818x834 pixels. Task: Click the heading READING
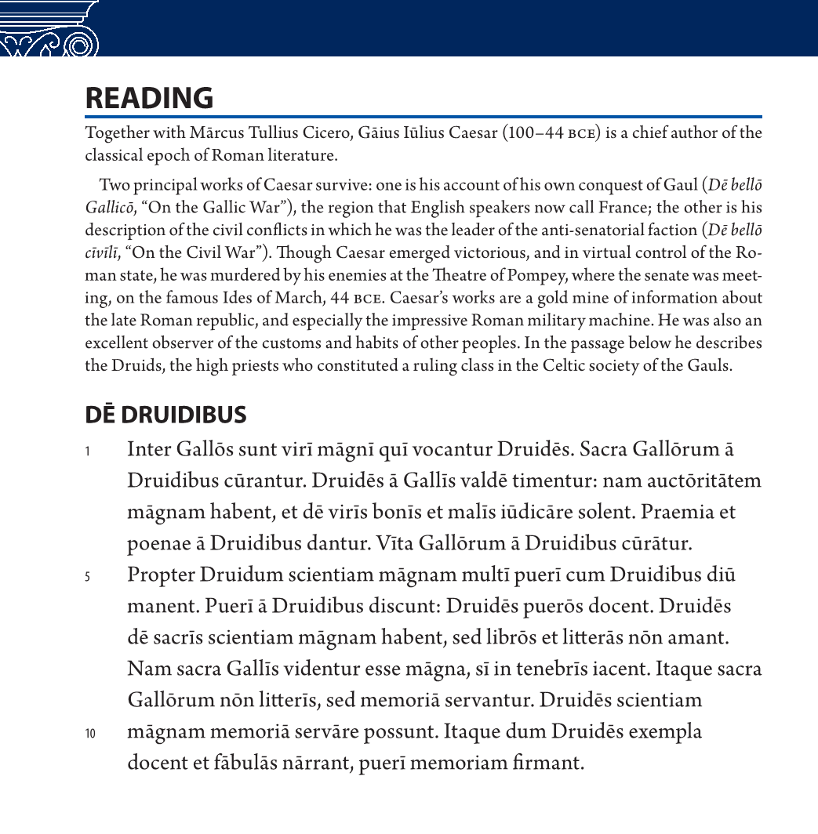[149, 98]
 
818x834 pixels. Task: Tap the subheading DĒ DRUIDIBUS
[165, 415]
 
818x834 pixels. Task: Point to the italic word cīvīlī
[101, 253]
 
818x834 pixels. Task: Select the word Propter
[161, 575]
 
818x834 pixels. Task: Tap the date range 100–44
[536, 132]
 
